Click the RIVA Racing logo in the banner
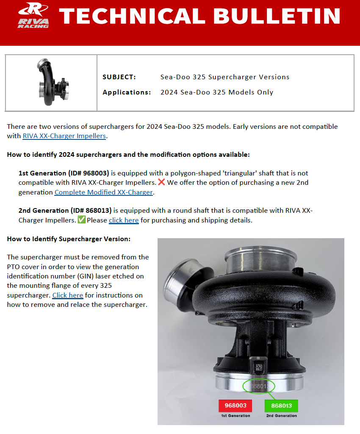(33, 15)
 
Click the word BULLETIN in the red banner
(277, 16)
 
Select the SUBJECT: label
(119, 77)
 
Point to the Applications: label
(127, 92)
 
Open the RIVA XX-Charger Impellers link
(64, 136)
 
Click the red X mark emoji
(161, 182)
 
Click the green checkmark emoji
(82, 220)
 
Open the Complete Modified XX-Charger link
(104, 192)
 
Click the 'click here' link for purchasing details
(124, 220)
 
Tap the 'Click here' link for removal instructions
(67, 295)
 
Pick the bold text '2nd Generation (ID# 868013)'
(65, 211)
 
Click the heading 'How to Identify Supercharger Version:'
(69, 239)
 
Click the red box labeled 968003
(235, 406)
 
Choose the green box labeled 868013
(281, 406)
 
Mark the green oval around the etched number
(259, 386)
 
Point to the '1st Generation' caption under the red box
(235, 416)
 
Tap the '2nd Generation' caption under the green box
(281, 416)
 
